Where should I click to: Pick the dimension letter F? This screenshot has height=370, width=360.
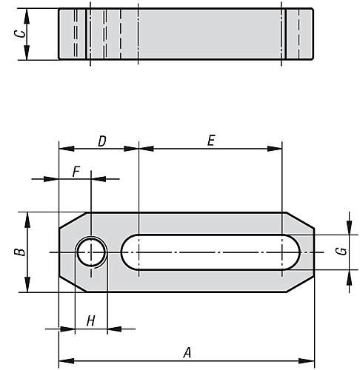pos(76,171)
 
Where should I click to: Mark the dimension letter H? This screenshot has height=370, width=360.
pos(90,320)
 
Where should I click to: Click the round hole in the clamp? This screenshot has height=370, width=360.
pos(90,252)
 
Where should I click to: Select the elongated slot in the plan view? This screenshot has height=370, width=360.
pos(209,252)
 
